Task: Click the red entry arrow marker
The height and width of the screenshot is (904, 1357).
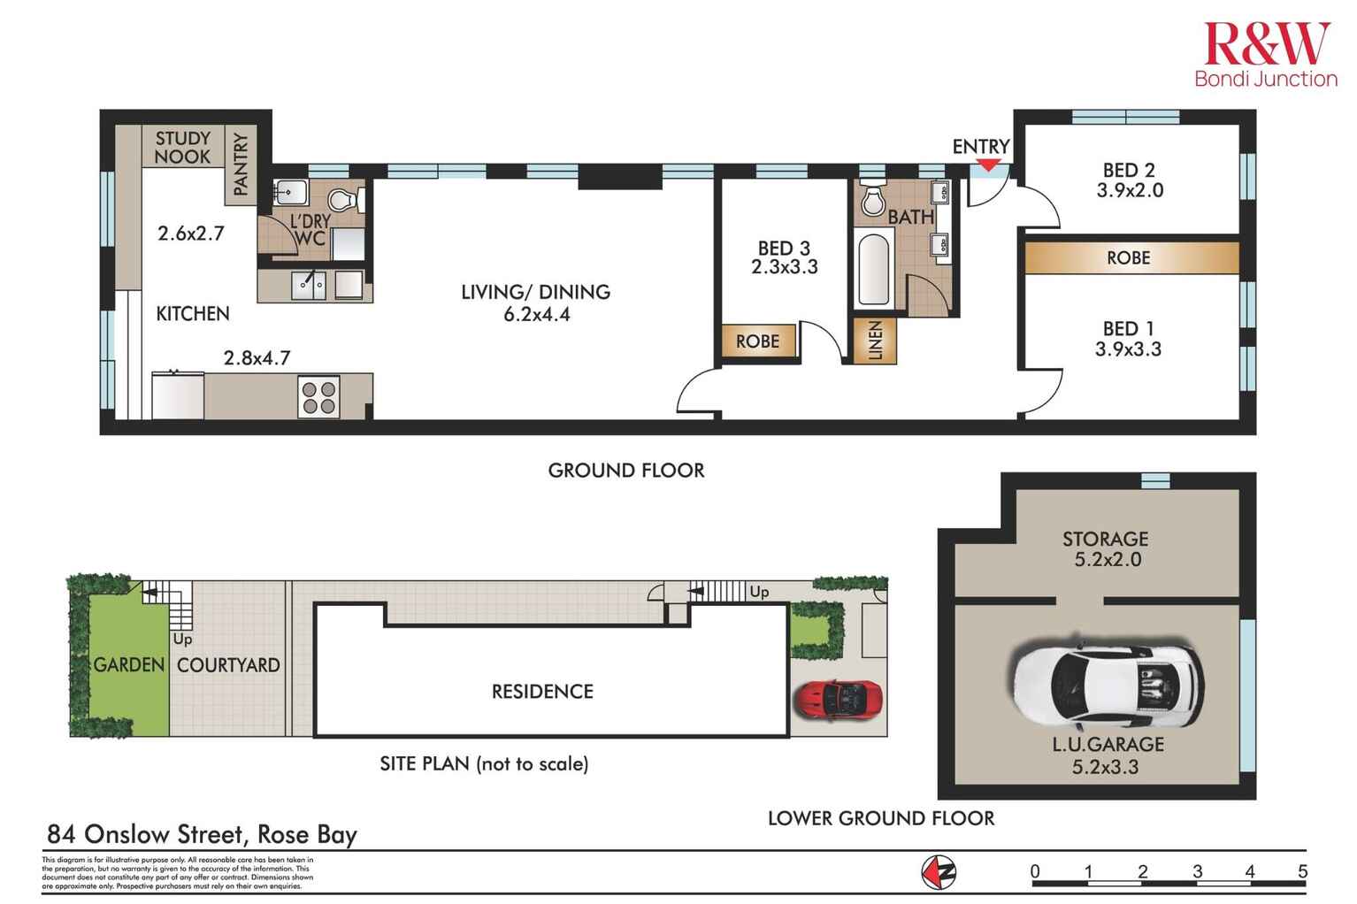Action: [x=988, y=165]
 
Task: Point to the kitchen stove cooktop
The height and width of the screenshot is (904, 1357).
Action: [x=318, y=397]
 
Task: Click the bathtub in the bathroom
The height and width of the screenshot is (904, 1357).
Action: [x=874, y=265]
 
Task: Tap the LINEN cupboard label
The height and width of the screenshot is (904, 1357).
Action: [x=875, y=341]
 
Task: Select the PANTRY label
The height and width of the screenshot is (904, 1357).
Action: [x=241, y=164]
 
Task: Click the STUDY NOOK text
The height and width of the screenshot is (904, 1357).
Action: [x=183, y=148]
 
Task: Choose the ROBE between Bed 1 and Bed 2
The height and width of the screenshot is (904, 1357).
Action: [x=1129, y=257]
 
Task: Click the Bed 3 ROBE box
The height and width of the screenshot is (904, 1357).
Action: [x=758, y=341]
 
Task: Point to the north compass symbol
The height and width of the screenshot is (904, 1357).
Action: [x=939, y=872]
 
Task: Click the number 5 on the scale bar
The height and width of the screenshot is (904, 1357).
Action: [x=1302, y=871]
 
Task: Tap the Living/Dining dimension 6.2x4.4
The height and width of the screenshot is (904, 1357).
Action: [x=535, y=313]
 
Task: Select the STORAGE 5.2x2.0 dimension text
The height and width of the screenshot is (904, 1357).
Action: [x=1105, y=559]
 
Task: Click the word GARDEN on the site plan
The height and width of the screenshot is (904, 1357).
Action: [x=129, y=664]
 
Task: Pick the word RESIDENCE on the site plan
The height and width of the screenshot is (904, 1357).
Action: [x=542, y=691]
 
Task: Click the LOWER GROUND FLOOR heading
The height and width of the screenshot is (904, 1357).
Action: [x=880, y=818]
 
